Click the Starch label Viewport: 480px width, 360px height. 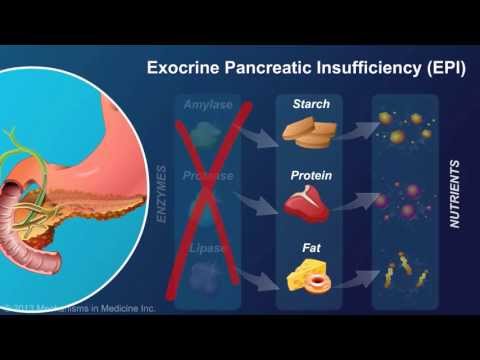click(310, 104)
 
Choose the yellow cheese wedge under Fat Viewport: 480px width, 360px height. click(300, 275)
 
